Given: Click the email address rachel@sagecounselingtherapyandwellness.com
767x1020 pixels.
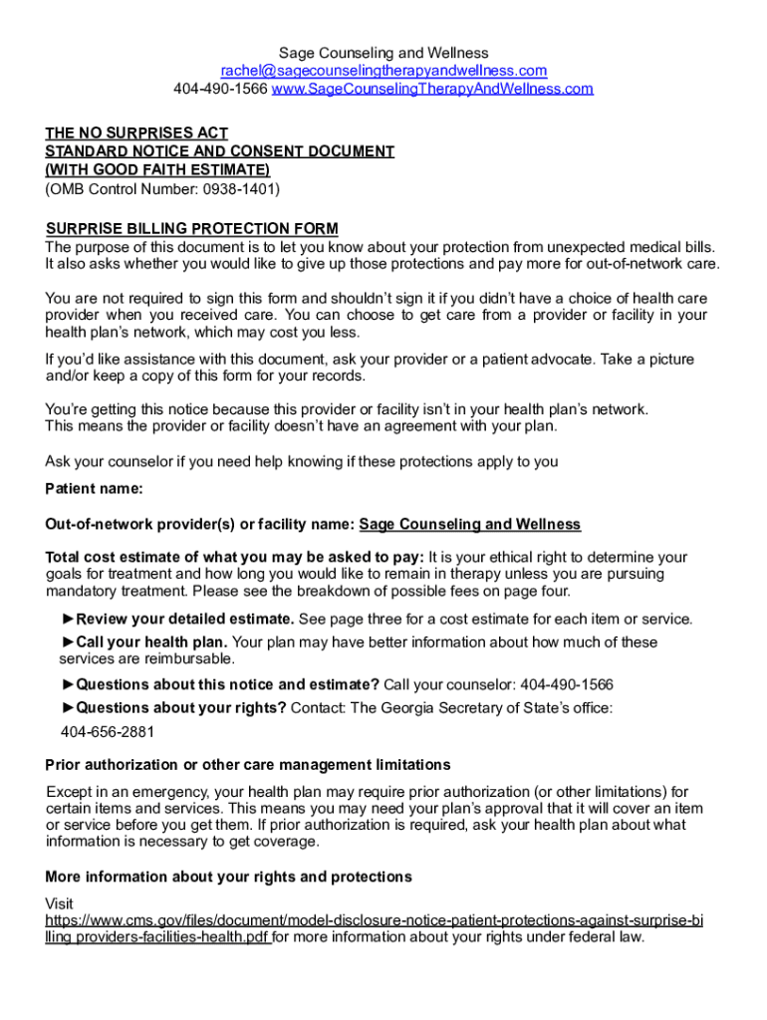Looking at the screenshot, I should point(383,71).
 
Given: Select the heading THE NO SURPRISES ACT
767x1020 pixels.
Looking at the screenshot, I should point(136,132).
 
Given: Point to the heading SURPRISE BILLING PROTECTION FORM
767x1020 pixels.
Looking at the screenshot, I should point(191,229).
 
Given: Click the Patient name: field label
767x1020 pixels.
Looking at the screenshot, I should point(95,488).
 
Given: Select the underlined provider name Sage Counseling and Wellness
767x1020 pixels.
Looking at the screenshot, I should point(469,524).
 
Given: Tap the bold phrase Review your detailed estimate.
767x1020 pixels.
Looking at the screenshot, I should point(184,619).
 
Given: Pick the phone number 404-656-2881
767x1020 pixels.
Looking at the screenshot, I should point(108,732).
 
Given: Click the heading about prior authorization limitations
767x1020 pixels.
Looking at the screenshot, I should point(248,765).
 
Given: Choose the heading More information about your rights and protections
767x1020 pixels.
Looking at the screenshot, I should point(228,877).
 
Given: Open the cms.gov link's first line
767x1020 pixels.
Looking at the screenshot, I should point(374,920).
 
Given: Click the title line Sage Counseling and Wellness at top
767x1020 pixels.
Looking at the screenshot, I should point(383,53).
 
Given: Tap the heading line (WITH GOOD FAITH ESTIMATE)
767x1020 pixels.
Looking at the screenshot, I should point(157,169).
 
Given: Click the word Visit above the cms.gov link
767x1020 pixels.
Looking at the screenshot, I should point(60,903).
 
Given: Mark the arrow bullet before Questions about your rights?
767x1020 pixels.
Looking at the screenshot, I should point(68,708).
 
